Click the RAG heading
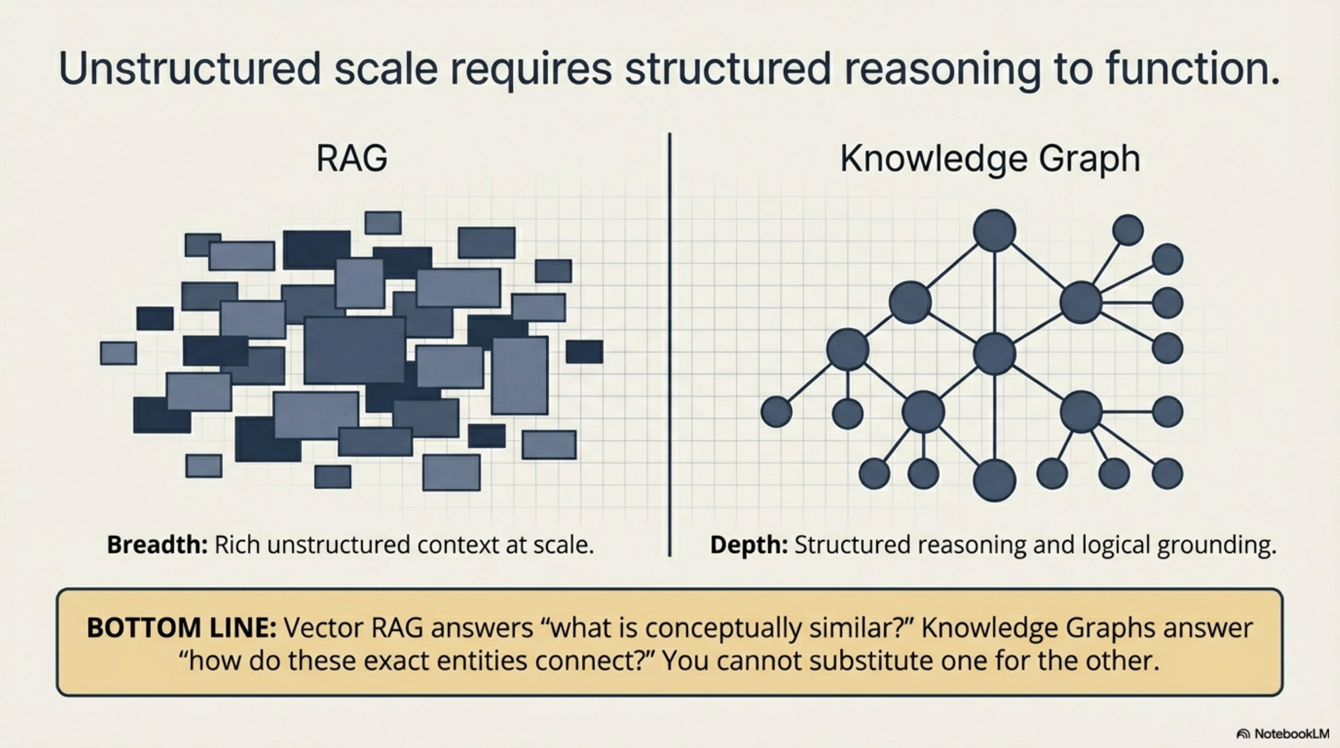point(351,158)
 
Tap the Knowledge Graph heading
point(990,158)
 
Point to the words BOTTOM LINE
point(181,627)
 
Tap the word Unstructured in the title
point(189,69)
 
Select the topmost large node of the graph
point(994,230)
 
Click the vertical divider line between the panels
point(669,343)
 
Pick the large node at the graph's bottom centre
point(994,480)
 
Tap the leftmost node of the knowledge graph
point(776,411)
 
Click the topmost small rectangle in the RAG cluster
point(383,223)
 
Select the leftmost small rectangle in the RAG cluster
point(118,353)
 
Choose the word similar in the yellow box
point(862,627)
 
